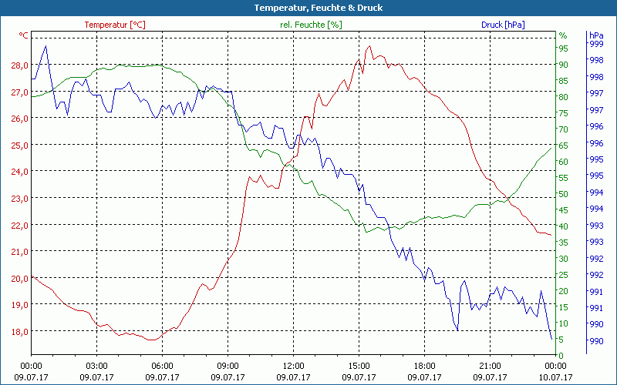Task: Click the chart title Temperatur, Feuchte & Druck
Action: click(308, 8)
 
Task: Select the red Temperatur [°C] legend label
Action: click(115, 25)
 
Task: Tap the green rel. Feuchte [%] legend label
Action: click(310, 25)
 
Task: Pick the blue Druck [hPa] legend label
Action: click(503, 25)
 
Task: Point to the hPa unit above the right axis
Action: click(595, 35)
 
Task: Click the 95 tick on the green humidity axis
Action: click(563, 49)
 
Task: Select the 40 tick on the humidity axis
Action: click(563, 226)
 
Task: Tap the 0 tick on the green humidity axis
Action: click(561, 355)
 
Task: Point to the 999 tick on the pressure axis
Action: click(595, 44)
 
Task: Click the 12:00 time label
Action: click(293, 367)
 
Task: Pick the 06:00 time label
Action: click(162, 367)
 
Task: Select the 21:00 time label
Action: click(490, 367)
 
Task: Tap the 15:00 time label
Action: click(359, 367)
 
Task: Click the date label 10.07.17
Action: click(555, 377)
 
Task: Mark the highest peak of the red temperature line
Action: click(368, 47)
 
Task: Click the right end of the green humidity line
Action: click(551, 146)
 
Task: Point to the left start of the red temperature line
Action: click(32, 276)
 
